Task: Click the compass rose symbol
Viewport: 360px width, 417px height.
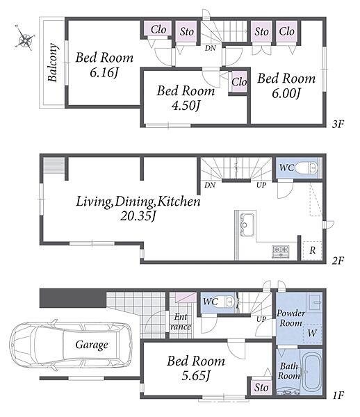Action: pos(25,38)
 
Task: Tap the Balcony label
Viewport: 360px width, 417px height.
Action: pos(53,63)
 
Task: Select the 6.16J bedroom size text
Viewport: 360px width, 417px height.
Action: pos(104,73)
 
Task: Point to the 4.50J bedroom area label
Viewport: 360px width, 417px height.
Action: pos(186,106)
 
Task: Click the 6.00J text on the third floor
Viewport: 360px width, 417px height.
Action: pos(286,93)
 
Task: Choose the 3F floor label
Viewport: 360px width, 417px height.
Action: pos(338,124)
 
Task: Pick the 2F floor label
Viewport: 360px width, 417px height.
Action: pos(338,261)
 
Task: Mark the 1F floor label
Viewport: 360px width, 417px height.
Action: pos(338,395)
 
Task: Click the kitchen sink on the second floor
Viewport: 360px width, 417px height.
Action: pos(247,225)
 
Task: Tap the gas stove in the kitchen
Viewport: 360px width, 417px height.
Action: pos(281,252)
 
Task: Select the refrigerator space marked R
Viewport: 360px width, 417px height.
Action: pos(313,250)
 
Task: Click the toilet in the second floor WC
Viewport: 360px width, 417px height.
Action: pos(306,168)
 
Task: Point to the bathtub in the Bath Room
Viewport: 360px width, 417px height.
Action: pos(313,372)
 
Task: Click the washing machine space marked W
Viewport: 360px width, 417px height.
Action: pos(313,334)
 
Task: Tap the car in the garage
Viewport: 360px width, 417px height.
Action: pos(71,345)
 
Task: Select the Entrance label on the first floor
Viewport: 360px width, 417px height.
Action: pos(181,322)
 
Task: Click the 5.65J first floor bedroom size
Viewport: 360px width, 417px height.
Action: pos(196,376)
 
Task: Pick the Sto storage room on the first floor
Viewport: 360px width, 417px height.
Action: pos(261,387)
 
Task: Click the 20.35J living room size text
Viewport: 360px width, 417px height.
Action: pos(138,216)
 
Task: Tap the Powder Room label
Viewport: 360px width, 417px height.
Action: pos(291,318)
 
